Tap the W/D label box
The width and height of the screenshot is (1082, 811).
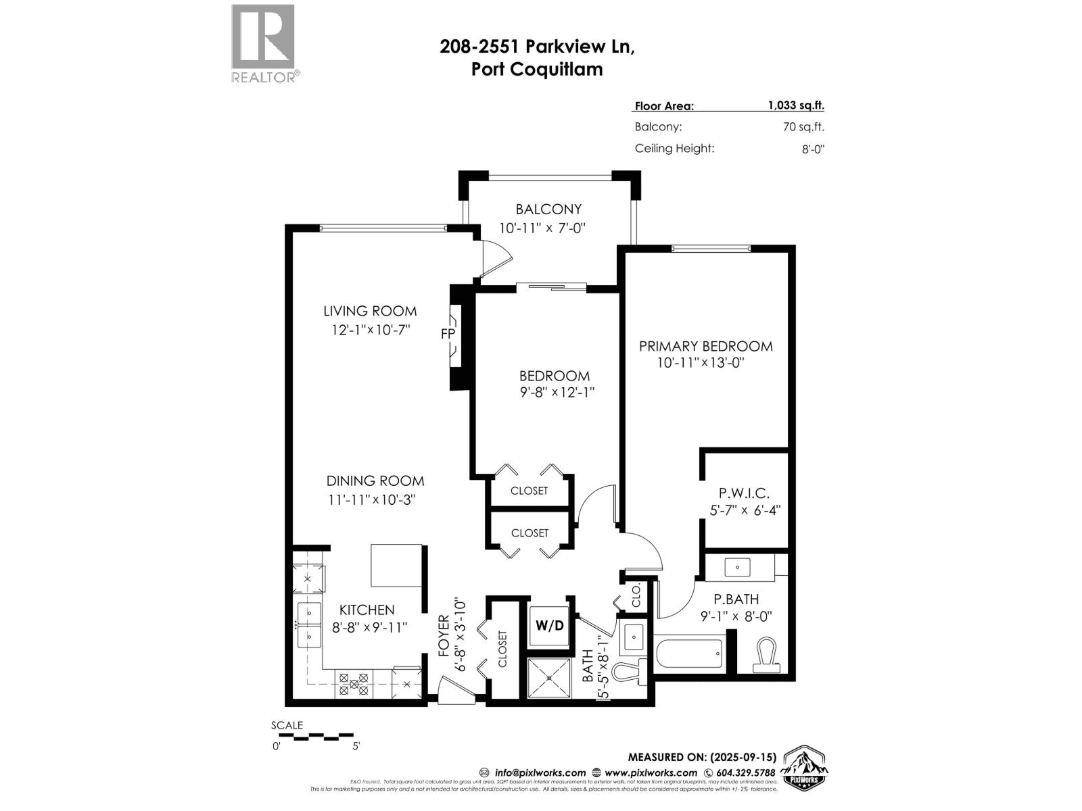(x=549, y=625)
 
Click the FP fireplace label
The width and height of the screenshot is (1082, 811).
(x=447, y=334)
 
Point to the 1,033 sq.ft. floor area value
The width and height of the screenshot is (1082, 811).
(x=795, y=105)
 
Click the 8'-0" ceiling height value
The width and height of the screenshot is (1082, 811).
(x=812, y=149)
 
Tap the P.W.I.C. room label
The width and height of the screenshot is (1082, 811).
(x=743, y=493)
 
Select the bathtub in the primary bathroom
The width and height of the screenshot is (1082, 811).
(x=689, y=654)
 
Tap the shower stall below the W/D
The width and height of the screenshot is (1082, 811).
(x=549, y=677)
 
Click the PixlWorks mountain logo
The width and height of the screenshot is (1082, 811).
(x=805, y=768)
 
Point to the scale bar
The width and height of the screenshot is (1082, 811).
(x=314, y=736)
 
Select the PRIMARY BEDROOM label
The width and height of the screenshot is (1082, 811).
(x=705, y=346)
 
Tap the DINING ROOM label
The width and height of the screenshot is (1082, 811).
(x=375, y=481)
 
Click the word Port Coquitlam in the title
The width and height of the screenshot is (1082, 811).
(x=536, y=69)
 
